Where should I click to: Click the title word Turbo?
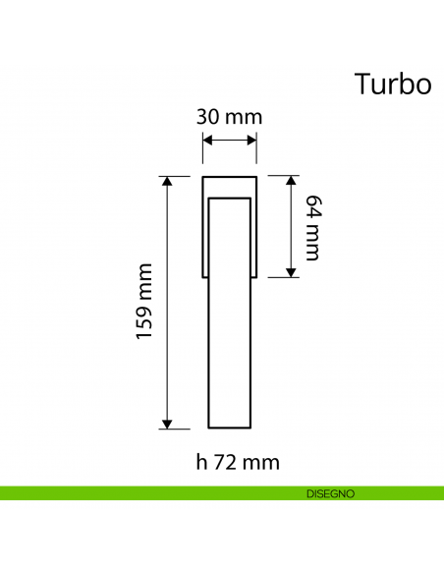[393, 85]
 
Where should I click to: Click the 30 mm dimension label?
[230, 117]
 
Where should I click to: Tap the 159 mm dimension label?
[145, 301]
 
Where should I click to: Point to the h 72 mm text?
[229, 461]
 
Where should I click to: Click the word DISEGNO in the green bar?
[323, 493]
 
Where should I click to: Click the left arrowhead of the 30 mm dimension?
[207, 142]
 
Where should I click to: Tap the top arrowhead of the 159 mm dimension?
[166, 182]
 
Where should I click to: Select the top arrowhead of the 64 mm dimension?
[291, 182]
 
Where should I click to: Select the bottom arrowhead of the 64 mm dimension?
[291, 271]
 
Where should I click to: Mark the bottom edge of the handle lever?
[229, 429]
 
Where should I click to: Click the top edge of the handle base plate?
[229, 177]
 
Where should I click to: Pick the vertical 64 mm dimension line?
[291, 227]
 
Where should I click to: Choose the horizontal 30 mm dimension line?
[229, 142]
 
